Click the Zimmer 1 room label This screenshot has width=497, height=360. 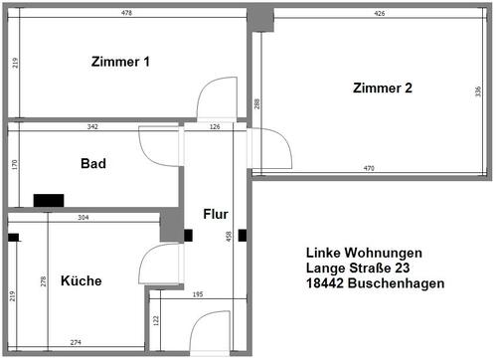click(119, 62)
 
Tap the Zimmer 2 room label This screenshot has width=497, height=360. click(382, 89)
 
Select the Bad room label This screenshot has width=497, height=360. click(93, 163)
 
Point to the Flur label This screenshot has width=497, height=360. click(216, 214)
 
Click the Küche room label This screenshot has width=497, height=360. click(81, 280)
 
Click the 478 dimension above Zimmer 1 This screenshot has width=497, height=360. click(126, 12)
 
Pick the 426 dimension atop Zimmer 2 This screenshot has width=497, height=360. click(380, 13)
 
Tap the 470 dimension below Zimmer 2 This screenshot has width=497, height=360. click(368, 169)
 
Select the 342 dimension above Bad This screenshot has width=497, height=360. click(92, 126)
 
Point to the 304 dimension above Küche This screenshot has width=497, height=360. click(83, 217)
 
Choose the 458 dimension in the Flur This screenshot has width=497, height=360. click(231, 237)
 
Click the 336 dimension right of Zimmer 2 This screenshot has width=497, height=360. click(477, 91)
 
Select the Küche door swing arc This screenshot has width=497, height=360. click(157, 266)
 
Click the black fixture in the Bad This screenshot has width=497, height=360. click(47, 200)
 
